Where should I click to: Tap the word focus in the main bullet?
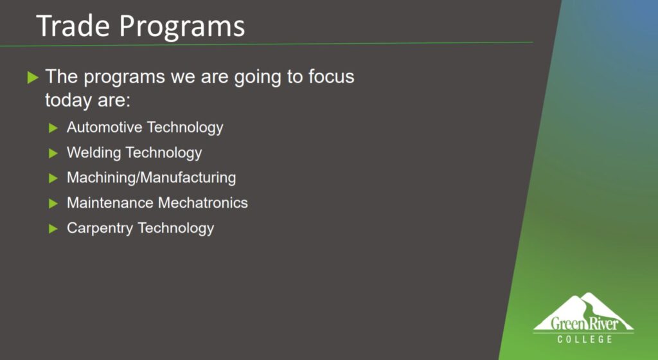[x=332, y=76]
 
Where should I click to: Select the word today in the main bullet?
[x=67, y=100]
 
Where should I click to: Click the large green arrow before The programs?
[x=33, y=78]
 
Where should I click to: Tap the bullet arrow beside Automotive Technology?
[x=53, y=128]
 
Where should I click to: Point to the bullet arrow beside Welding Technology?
[x=53, y=153]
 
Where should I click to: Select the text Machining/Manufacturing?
[x=151, y=177]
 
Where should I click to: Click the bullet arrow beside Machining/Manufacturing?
[x=53, y=178]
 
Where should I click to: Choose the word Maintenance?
[x=110, y=203]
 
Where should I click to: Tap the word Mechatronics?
[x=202, y=203]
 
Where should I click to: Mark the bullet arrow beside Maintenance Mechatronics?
[x=53, y=204]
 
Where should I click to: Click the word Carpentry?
[x=100, y=228]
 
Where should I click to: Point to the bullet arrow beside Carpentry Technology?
[x=53, y=229]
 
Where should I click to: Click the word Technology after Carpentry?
[x=176, y=228]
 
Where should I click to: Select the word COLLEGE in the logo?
[x=585, y=339]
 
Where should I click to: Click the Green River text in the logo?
[x=585, y=323]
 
